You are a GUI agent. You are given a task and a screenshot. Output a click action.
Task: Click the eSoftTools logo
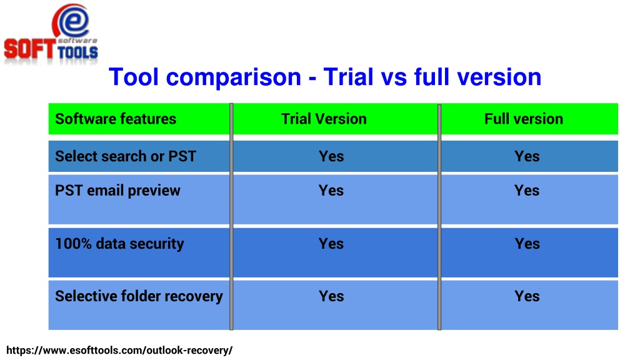[x=51, y=34]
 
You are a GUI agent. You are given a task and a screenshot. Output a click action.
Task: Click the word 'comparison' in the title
[x=234, y=77]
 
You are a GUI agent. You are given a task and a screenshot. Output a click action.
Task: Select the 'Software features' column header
[x=116, y=119]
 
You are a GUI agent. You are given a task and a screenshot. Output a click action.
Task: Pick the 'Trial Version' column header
[x=324, y=119]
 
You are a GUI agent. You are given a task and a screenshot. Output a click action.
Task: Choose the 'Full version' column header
[x=524, y=119]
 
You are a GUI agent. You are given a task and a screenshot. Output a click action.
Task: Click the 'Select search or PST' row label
[x=125, y=156]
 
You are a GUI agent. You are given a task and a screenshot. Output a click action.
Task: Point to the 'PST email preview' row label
[x=117, y=191]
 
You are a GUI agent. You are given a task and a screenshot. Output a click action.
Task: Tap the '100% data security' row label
[x=119, y=244]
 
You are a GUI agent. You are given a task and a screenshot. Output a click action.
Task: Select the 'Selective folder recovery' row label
[x=139, y=296]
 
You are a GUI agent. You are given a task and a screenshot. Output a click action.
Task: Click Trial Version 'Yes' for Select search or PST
[x=331, y=156]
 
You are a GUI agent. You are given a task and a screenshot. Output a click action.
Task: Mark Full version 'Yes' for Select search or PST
[x=527, y=156]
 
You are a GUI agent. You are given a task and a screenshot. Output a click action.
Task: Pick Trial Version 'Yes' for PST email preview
[x=331, y=191]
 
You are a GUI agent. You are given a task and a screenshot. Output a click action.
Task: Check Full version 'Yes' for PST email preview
[x=527, y=191]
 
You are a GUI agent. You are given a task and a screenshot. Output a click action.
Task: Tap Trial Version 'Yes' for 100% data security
[x=331, y=244]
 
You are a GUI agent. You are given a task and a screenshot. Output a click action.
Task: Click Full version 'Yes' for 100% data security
[x=527, y=244]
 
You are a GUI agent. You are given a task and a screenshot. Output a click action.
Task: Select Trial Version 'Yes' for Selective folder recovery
[x=331, y=296]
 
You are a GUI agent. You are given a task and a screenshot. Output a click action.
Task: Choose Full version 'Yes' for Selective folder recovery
[x=527, y=296]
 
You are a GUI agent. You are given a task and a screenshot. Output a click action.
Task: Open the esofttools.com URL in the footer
[x=119, y=351]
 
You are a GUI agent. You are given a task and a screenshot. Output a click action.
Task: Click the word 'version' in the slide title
[x=499, y=77]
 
